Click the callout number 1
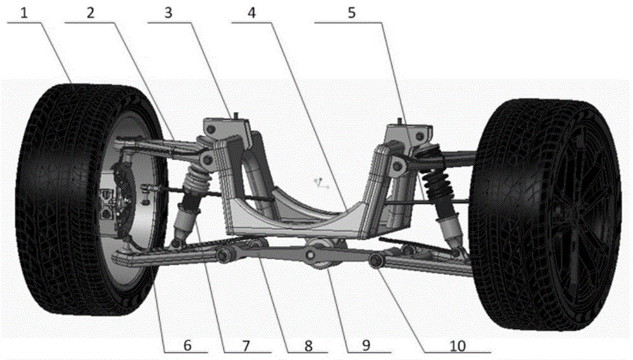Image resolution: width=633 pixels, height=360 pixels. point(24,13)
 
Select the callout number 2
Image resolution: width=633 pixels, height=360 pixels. point(91,13)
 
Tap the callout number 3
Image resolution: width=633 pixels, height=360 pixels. point(168,13)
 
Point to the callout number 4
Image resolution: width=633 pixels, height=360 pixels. point(251,13)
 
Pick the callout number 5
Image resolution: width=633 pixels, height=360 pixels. point(351,13)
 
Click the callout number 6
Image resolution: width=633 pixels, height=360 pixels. point(187,346)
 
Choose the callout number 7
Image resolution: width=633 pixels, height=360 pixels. point(246,346)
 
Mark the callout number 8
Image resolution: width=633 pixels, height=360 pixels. point(308,346)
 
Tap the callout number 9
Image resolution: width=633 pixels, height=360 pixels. point(366,346)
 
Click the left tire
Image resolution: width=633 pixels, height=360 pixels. point(91,200)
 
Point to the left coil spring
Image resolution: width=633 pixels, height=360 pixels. point(197,180)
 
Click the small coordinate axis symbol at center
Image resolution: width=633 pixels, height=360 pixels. point(322,185)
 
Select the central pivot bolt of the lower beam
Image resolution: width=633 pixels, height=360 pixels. point(310,255)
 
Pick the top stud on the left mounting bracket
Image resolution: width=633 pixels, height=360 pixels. point(234,115)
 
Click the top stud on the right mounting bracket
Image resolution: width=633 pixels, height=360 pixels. point(399,121)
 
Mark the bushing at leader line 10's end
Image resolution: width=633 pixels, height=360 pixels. point(376,261)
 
